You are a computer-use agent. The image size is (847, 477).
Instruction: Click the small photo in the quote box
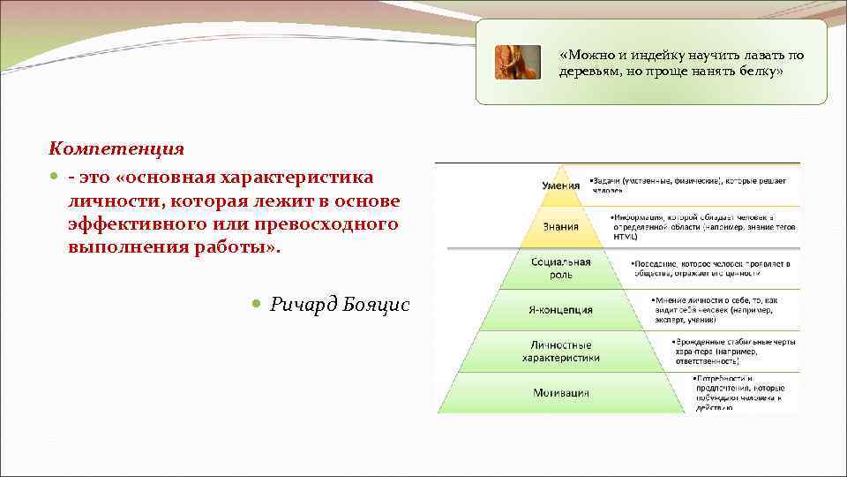[x=517, y=62]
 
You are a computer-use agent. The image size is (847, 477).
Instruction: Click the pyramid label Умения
[x=560, y=185]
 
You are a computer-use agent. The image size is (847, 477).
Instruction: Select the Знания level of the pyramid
[x=560, y=226]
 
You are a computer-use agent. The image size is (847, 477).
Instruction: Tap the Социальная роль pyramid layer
[x=560, y=269]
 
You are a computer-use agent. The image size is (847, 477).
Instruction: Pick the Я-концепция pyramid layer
[x=560, y=310]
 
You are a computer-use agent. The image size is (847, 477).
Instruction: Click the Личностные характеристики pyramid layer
[x=560, y=352]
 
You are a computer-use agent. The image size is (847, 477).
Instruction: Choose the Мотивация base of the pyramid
[x=560, y=392]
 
